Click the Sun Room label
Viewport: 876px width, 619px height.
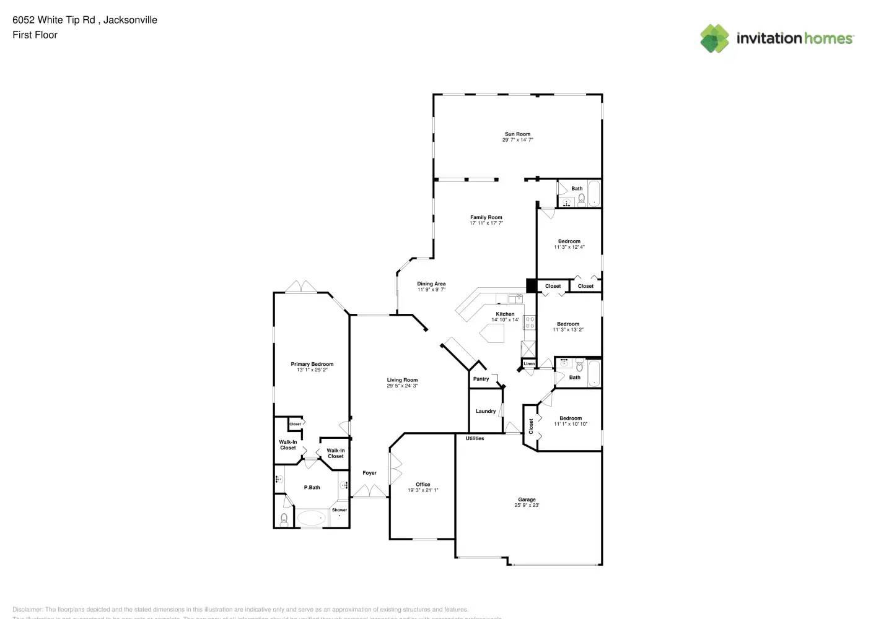pyautogui.click(x=517, y=134)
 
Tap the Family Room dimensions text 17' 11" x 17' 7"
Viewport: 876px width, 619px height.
pyautogui.click(x=486, y=223)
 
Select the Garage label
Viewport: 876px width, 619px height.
pyautogui.click(x=527, y=500)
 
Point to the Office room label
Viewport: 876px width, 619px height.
pyautogui.click(x=423, y=485)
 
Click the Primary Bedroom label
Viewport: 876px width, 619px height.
pyautogui.click(x=312, y=364)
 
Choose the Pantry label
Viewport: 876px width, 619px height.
pyautogui.click(x=481, y=379)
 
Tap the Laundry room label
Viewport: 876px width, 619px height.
pyautogui.click(x=486, y=411)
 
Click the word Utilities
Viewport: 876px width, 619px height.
pyautogui.click(x=475, y=438)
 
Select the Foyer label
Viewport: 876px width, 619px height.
pyautogui.click(x=369, y=473)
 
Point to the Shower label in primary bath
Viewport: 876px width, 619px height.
pyautogui.click(x=339, y=510)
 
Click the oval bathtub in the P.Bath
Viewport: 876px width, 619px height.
pyautogui.click(x=312, y=517)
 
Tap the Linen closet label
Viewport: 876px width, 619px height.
pyautogui.click(x=529, y=363)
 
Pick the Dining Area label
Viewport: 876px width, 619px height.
pyautogui.click(x=431, y=284)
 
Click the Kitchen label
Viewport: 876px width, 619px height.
pyautogui.click(x=505, y=314)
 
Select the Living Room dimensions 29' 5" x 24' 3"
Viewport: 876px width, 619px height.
pyautogui.click(x=403, y=386)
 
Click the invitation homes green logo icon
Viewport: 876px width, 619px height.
pyautogui.click(x=714, y=38)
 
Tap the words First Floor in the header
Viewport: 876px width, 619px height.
pyautogui.click(x=35, y=35)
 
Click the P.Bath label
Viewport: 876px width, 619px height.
pyautogui.click(x=312, y=488)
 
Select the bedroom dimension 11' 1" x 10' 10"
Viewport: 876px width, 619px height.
pyautogui.click(x=571, y=424)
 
